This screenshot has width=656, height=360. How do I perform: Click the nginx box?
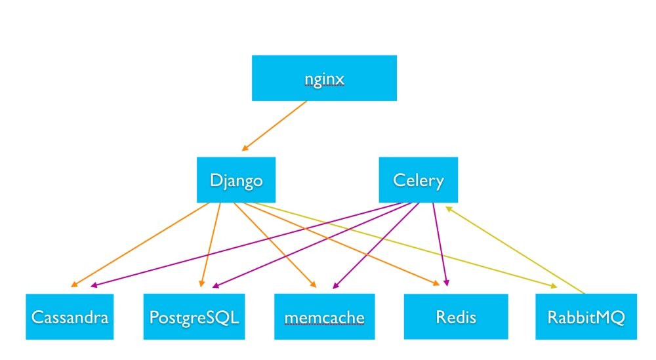tap(324, 78)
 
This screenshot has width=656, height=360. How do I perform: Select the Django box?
tap(236, 180)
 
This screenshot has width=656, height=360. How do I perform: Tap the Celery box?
tap(418, 180)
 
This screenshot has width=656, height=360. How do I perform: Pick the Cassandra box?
tap(69, 317)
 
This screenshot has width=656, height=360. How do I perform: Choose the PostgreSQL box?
tap(194, 317)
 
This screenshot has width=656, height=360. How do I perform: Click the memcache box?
tap(324, 317)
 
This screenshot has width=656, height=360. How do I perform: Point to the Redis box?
tap(455, 317)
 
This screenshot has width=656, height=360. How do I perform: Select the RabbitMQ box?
tap(586, 317)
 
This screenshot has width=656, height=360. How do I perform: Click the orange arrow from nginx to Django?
tap(276, 125)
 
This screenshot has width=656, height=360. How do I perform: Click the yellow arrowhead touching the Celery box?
tap(449, 208)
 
